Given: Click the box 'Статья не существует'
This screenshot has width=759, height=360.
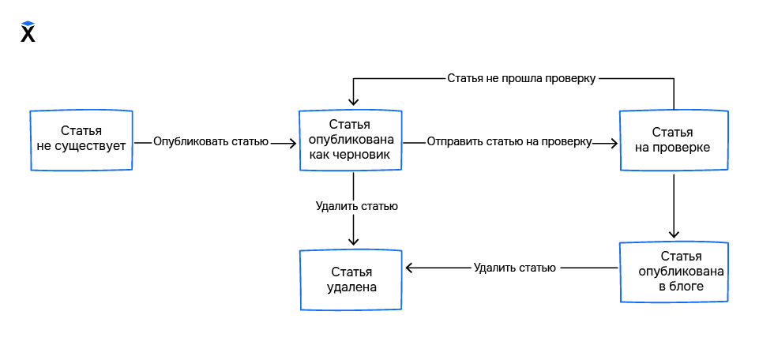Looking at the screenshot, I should point(81,140).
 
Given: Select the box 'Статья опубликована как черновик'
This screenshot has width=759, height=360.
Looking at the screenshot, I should point(351,140).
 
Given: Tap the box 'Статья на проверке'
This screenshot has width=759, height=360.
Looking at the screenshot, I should point(672,140).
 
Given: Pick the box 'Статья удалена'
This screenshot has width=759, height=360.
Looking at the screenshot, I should point(351,279).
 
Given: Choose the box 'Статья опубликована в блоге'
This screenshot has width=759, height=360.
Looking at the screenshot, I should point(672,272).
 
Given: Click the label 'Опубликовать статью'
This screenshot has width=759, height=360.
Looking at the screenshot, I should point(211,142).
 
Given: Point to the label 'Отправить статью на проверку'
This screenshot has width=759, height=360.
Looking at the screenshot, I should point(509,142).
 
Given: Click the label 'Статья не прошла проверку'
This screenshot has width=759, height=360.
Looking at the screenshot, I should point(520,78).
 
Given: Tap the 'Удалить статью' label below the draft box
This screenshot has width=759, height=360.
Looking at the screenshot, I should point(356,206).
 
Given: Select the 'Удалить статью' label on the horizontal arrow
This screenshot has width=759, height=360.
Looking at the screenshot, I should point(515,268).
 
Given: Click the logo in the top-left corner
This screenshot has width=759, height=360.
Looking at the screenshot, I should point(28,32).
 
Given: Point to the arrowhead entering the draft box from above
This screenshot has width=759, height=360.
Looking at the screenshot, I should point(353,100).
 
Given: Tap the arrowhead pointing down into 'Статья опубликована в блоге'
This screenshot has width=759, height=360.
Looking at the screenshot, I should point(674,234).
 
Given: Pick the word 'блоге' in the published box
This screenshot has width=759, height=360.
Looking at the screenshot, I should point(687,286).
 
